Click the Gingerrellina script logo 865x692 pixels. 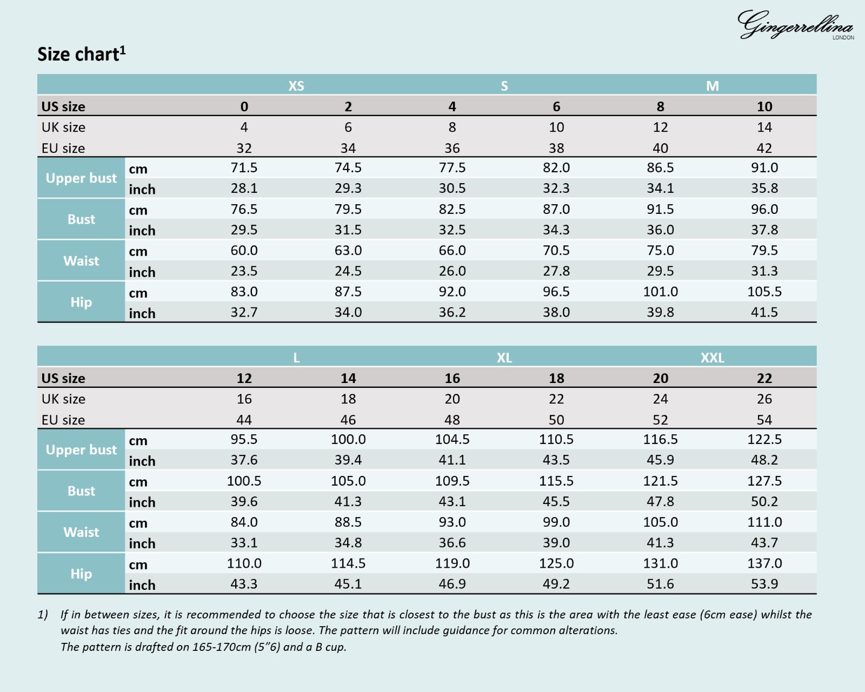[x=795, y=24]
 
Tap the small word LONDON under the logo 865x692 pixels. [x=843, y=38]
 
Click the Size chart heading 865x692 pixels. [x=82, y=54]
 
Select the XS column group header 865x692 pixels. [x=296, y=85]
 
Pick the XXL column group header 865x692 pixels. [x=712, y=358]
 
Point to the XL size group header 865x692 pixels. [x=504, y=358]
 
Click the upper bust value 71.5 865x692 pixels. [x=244, y=167]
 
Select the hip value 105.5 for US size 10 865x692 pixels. [x=764, y=291]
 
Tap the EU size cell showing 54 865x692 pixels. [x=764, y=420]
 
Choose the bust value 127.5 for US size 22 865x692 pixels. [x=764, y=481]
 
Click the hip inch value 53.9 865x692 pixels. [x=764, y=584]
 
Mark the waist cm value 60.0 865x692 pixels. [x=244, y=250]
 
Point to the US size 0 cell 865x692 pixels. [x=244, y=106]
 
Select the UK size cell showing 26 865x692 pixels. [x=764, y=399]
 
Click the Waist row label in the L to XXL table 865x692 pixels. [x=81, y=532]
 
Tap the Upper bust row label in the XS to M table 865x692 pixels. [x=81, y=178]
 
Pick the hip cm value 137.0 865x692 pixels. [x=764, y=563]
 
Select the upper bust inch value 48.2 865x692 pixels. [x=764, y=460]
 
